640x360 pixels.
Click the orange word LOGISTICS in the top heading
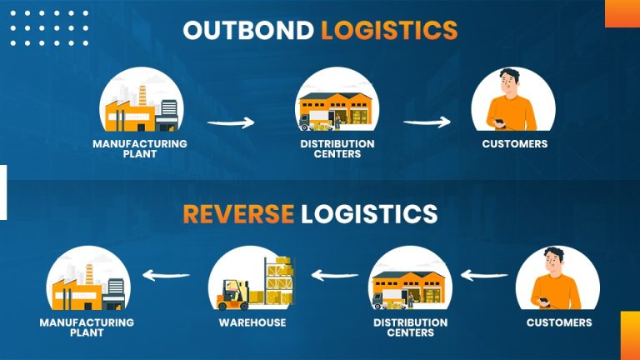coord(390,30)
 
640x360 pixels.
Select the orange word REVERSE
coord(238,214)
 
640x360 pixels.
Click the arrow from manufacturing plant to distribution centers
coord(230,123)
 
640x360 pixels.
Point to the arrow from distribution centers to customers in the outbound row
coord(427,123)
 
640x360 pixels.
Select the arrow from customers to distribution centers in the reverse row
coord(485,273)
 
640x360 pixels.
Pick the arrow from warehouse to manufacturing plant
coord(167,273)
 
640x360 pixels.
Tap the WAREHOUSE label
coord(252,322)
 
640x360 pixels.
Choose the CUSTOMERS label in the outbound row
coord(514,143)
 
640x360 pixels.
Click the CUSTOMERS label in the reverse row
coord(559,322)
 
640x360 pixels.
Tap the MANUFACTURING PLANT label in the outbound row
coord(140,148)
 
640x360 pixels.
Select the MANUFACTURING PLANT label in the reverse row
coord(87,327)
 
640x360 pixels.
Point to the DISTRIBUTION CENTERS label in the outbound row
coord(337,148)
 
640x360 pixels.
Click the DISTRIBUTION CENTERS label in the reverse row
coord(410,327)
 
